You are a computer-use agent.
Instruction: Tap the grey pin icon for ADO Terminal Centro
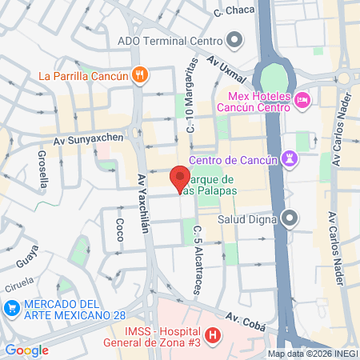point(234,39)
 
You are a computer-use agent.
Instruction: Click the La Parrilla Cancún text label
point(83,76)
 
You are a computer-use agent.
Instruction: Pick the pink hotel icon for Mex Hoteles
point(302,100)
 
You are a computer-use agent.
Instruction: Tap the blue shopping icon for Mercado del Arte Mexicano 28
point(12,308)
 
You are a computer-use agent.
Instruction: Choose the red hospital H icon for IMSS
point(213,336)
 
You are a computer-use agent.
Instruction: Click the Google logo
point(26,350)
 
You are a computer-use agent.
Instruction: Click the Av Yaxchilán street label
point(142,204)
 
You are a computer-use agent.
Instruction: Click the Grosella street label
point(42,169)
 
